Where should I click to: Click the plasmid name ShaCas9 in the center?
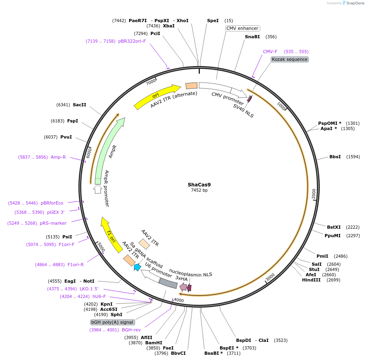coord(199,185)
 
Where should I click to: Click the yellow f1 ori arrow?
coord(111,235)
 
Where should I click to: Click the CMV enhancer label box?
coord(243,28)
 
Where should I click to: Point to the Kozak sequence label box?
coord(290,59)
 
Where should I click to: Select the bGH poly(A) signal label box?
coord(112,322)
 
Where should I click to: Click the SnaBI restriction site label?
coord(252,37)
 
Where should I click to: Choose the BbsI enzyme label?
coord(335,157)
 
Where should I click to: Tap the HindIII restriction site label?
coord(311,280)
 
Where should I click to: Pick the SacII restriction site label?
coord(80,105)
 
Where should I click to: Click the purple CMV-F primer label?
coord(270,52)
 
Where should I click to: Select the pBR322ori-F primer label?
coord(132,41)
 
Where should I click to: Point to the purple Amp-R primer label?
coord(58,157)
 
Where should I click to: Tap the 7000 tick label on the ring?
coord(151,82)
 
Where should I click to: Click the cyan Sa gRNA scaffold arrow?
coord(137,267)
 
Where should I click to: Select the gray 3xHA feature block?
coord(168,283)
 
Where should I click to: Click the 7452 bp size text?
coord(199,190)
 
